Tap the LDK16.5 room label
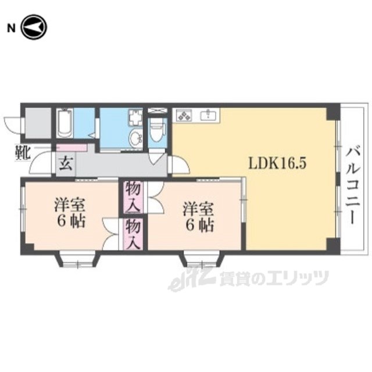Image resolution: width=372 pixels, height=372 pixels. (277, 163)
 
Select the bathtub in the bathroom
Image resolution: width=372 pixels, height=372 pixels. (65, 123)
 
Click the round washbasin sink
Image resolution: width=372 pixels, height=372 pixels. (136, 138)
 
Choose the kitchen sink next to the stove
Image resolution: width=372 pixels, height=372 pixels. (209, 115)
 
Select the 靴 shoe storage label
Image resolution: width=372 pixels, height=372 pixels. (22, 153)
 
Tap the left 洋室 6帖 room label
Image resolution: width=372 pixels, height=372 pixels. (70, 214)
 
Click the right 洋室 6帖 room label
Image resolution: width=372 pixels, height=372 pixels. (198, 216)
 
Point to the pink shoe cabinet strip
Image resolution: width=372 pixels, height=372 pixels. (72, 148)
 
